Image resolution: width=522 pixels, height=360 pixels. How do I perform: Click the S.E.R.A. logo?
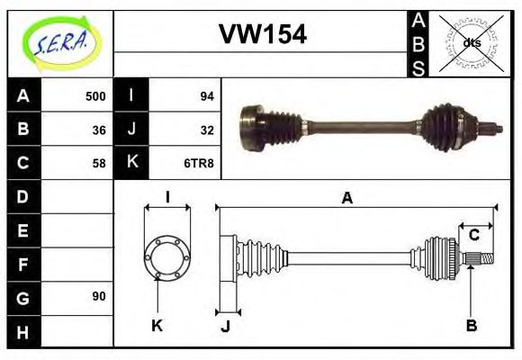tap(59, 42)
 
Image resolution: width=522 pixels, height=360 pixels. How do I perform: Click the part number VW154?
tap(263, 35)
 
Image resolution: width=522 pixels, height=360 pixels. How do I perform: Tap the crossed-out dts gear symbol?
tap(472, 42)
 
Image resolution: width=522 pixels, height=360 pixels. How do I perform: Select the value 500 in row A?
tap(95, 95)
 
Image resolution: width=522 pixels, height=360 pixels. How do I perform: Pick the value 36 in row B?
tap(99, 130)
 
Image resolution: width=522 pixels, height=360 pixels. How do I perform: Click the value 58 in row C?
tap(99, 164)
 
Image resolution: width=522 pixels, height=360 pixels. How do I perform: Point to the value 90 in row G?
tap(99, 296)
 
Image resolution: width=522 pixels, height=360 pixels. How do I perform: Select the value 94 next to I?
tap(206, 95)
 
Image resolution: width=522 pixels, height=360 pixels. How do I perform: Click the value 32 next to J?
tap(206, 130)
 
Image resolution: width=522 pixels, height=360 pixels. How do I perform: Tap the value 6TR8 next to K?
tap(201, 164)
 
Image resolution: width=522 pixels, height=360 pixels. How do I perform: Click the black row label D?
tap(23, 196)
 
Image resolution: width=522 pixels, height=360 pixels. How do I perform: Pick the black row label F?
tap(23, 265)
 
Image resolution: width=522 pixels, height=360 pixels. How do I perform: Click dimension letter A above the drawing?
tap(346, 199)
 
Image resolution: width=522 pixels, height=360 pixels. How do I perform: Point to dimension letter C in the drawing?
tap(473, 236)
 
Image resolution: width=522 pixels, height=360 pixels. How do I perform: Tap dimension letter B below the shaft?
tap(471, 325)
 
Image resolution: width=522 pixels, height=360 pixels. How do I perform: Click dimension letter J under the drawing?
tap(226, 326)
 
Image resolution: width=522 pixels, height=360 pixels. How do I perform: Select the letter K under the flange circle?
tap(157, 325)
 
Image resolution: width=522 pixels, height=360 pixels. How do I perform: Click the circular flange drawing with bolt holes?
tap(166, 256)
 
